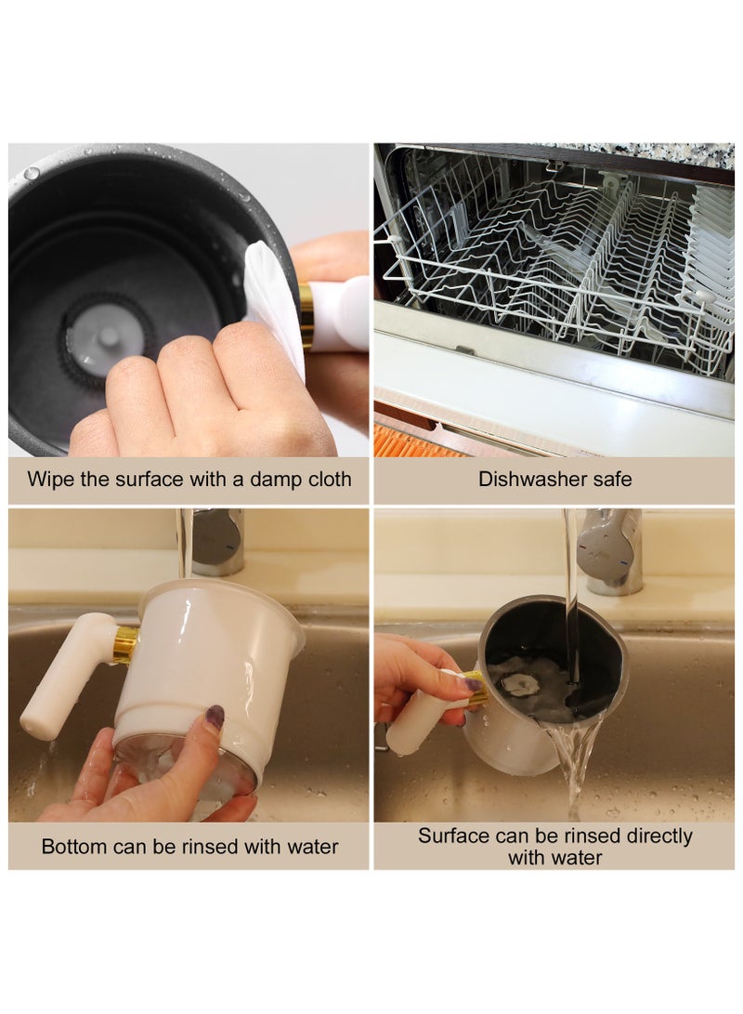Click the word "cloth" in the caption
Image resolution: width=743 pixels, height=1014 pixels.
click(326, 480)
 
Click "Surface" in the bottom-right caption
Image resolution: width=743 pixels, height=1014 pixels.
click(454, 836)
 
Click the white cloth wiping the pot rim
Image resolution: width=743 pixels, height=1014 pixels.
click(272, 297)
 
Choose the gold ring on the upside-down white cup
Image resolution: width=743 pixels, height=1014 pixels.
click(124, 644)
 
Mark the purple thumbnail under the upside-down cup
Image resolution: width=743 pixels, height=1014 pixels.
click(215, 716)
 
